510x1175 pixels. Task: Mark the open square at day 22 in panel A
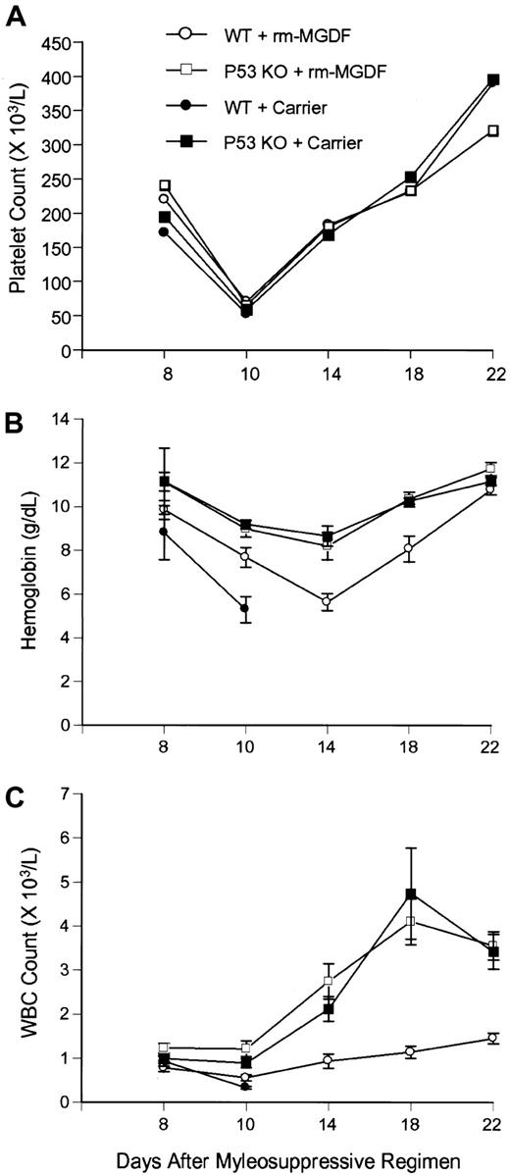(x=493, y=130)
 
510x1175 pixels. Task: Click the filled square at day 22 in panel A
(x=493, y=80)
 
